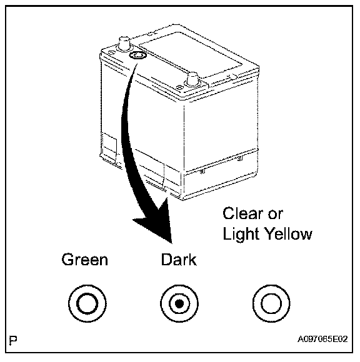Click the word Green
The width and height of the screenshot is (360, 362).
point(84,260)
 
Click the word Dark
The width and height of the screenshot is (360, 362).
point(179,260)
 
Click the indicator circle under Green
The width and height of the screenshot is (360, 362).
point(87,303)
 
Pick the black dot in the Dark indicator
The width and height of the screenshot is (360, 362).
point(179,303)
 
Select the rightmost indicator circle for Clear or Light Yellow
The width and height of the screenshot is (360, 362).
point(271,303)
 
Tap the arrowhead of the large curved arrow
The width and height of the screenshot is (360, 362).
point(157,222)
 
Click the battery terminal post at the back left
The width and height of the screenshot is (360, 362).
point(124,43)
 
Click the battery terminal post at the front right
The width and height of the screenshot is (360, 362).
point(192,80)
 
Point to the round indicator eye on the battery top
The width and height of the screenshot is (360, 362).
point(137,56)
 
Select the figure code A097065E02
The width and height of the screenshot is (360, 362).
point(322,339)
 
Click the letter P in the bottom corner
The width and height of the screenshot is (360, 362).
point(13,340)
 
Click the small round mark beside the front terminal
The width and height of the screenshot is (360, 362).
point(179,87)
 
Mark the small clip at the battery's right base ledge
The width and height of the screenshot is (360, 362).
point(240,158)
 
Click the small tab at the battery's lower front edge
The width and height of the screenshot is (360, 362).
point(202,171)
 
